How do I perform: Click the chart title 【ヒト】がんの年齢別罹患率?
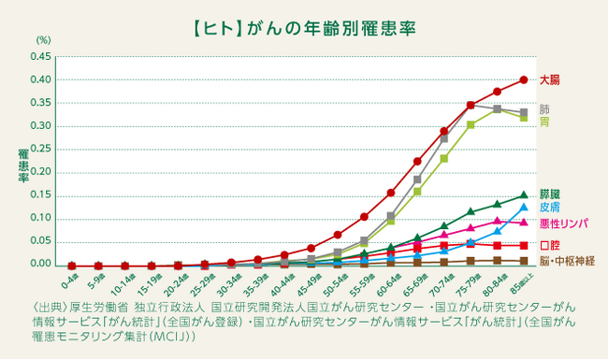click(x=304, y=17)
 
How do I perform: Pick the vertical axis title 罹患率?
click(x=22, y=164)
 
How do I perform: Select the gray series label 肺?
click(x=545, y=108)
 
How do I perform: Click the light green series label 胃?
click(x=545, y=122)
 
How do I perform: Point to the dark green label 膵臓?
click(x=551, y=193)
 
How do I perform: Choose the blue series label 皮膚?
click(x=551, y=207)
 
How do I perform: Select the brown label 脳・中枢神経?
click(x=566, y=261)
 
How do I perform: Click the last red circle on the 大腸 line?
click(x=524, y=79)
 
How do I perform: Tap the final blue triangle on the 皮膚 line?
click(x=524, y=207)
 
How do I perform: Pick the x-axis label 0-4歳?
click(x=70, y=279)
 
